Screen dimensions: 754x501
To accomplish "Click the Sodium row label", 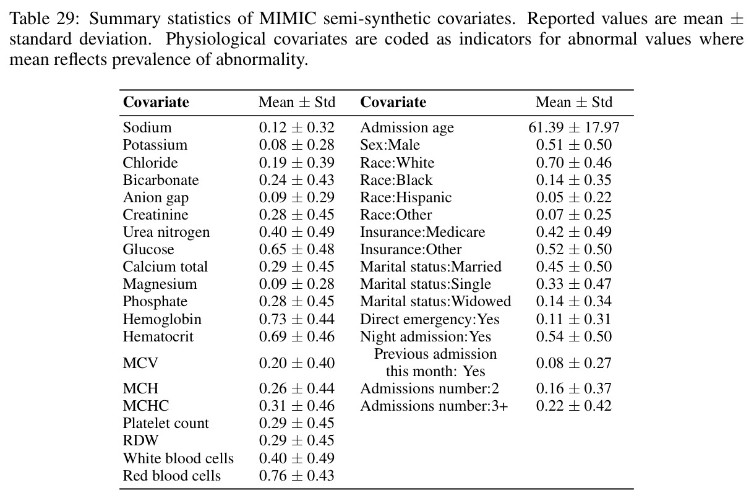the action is point(147,127).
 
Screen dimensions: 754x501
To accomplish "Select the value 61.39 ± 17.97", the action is point(573,127).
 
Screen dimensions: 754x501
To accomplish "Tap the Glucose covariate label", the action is point(148,249).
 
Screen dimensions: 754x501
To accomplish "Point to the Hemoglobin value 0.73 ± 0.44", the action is point(296,319).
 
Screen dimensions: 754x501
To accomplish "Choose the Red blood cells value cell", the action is point(296,476).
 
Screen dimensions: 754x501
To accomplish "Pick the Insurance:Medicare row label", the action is point(422,232).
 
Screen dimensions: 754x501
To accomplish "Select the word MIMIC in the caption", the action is point(288,19).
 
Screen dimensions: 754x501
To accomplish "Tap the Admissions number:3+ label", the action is point(434,406).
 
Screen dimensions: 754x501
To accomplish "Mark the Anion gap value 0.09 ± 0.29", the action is point(296,197).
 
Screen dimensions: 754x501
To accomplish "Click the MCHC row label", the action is point(146,406).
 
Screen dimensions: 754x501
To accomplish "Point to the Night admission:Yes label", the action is point(426,336).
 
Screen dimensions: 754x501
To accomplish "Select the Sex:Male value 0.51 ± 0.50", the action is point(573,145).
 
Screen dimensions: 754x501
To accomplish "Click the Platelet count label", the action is point(166,423).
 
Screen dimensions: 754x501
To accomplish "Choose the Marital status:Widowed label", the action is point(435,301).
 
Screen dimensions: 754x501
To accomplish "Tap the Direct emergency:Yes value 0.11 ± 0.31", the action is point(573,319).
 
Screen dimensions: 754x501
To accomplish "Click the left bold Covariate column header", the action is point(156,102).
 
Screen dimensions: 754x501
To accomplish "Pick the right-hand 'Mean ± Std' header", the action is point(574,102).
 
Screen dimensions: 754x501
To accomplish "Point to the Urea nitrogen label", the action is point(166,233).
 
